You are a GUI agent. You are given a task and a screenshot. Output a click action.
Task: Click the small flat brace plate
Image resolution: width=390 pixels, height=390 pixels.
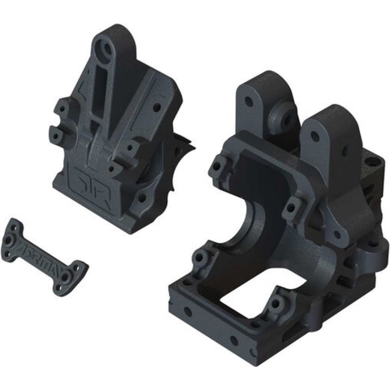[45, 253]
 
